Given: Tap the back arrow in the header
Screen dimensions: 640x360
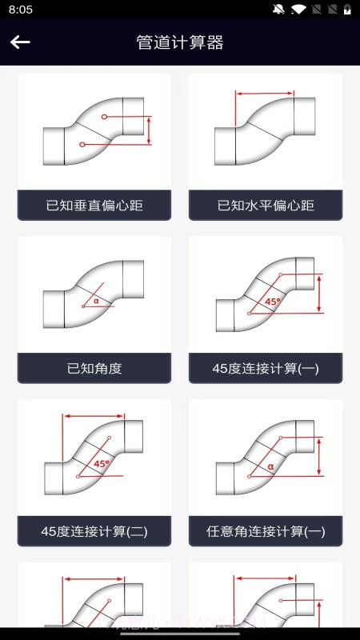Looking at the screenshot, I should (x=20, y=42).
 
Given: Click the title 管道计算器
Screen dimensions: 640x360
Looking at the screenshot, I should (x=180, y=42).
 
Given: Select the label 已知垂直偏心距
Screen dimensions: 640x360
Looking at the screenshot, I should (x=94, y=206).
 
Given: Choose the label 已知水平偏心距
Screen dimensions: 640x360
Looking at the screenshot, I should (x=266, y=206).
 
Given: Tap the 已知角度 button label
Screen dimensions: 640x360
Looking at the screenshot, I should (x=94, y=369).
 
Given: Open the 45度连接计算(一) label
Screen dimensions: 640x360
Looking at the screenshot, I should (x=266, y=369).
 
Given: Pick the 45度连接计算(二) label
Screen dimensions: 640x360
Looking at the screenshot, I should (x=94, y=531).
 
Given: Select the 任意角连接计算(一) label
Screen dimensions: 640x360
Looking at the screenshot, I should (x=266, y=531).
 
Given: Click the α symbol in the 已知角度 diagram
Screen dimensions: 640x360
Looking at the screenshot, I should (x=96, y=301).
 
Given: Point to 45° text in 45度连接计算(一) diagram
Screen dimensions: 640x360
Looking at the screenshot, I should (x=273, y=302).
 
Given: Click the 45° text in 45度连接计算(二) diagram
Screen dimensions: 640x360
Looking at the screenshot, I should (x=102, y=464).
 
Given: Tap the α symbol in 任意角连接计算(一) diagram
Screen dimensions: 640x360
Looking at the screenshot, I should (x=271, y=466).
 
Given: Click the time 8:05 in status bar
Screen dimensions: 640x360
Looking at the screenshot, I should (x=21, y=10).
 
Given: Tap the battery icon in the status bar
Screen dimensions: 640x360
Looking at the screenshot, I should (x=347, y=10).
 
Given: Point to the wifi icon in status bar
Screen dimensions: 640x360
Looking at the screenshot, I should (x=299, y=10).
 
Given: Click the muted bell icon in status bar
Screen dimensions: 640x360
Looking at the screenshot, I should (x=278, y=10).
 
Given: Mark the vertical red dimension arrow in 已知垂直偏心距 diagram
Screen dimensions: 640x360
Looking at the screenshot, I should (x=149, y=130).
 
